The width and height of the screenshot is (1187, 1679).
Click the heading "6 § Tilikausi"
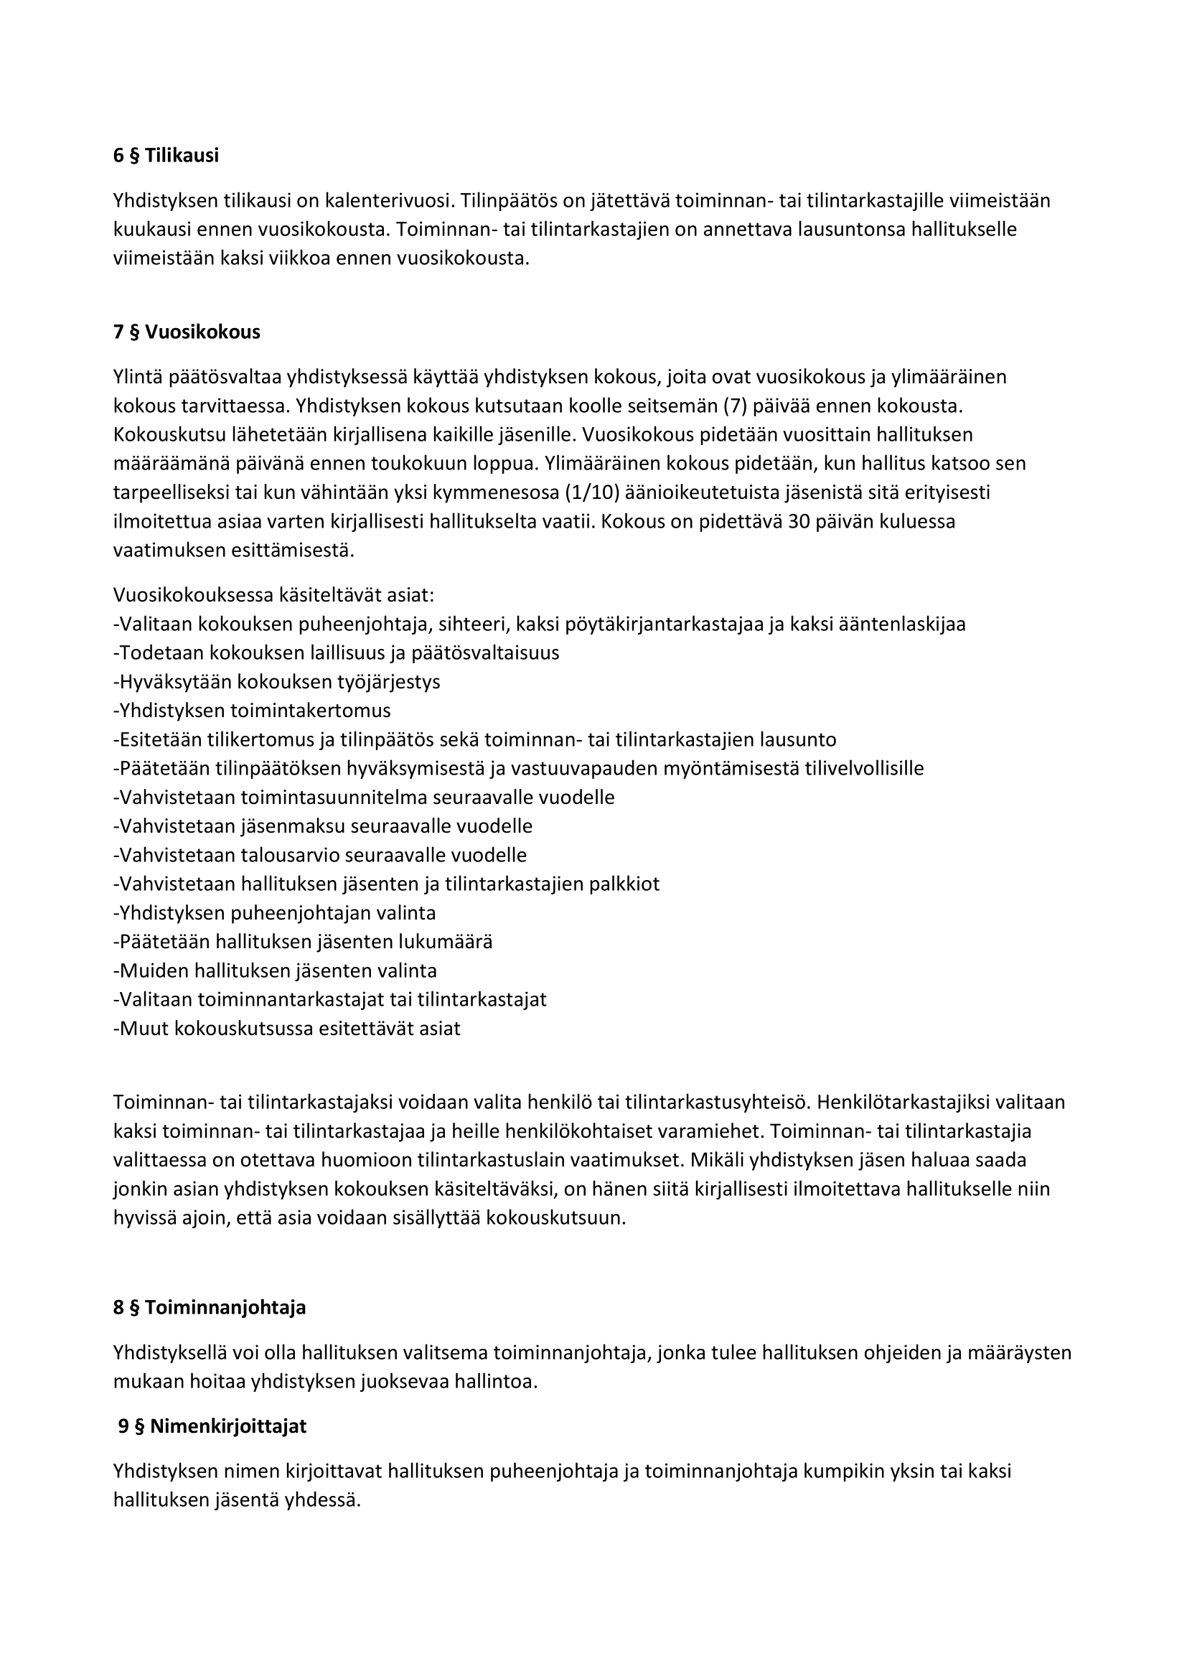(166, 156)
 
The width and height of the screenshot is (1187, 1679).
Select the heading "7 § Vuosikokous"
(187, 332)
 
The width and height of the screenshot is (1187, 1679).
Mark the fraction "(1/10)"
(593, 492)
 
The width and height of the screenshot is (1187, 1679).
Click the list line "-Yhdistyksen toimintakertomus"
(252, 710)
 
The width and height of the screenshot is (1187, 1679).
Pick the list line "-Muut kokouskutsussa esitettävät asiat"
(287, 1028)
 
